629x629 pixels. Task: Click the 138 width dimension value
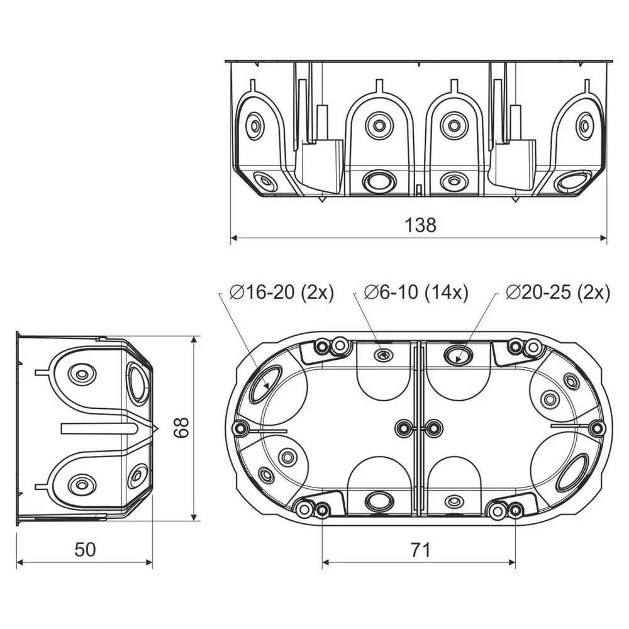420,225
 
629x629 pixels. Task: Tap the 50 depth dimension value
85,550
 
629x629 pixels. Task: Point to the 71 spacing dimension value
420,550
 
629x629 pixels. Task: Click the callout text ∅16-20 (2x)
282,292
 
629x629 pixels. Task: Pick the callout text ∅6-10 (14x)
416,292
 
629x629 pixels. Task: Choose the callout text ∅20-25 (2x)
558,292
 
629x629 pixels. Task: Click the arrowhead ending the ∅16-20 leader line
267,386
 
